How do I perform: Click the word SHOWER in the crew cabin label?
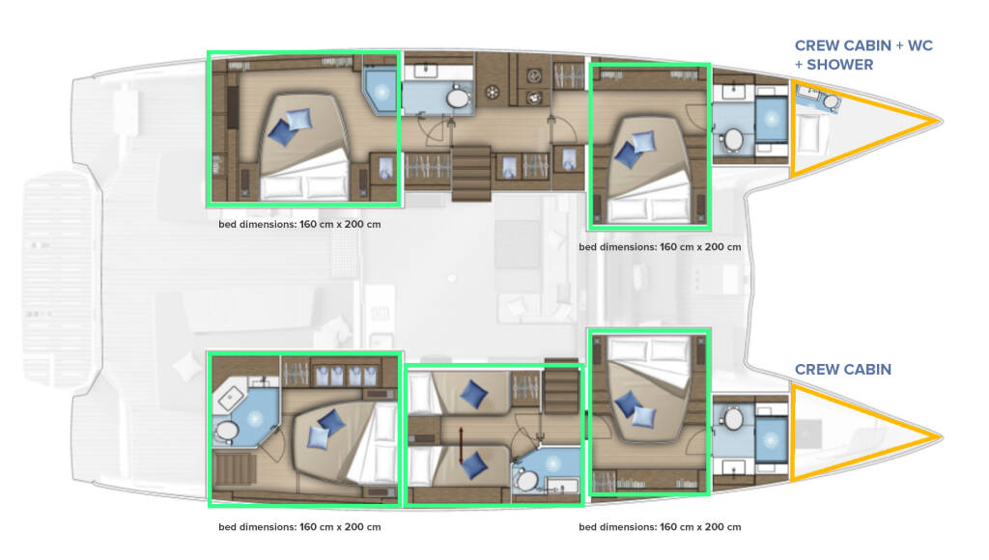click(840, 65)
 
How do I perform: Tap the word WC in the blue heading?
click(919, 45)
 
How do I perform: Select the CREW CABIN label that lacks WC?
click(842, 370)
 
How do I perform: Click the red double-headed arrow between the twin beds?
click(461, 444)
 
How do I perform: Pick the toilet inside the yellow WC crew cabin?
click(831, 101)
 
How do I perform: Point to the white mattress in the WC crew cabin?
click(808, 134)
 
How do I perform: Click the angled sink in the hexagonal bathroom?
click(230, 397)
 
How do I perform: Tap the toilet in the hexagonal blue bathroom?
click(226, 432)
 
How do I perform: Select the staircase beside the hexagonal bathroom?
click(235, 469)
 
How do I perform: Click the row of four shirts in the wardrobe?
click(345, 376)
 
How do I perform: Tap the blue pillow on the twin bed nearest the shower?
click(474, 465)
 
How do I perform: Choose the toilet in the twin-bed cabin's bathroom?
click(526, 481)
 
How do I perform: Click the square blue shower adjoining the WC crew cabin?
click(771, 119)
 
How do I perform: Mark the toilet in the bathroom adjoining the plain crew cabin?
click(733, 418)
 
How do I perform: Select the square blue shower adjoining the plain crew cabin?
click(771, 439)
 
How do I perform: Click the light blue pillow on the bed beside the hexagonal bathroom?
click(319, 436)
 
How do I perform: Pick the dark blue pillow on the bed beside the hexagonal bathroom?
click(331, 422)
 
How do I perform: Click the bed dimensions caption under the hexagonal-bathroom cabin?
click(299, 527)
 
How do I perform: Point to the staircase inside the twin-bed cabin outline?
click(561, 389)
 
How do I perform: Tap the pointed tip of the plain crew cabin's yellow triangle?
click(942, 435)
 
